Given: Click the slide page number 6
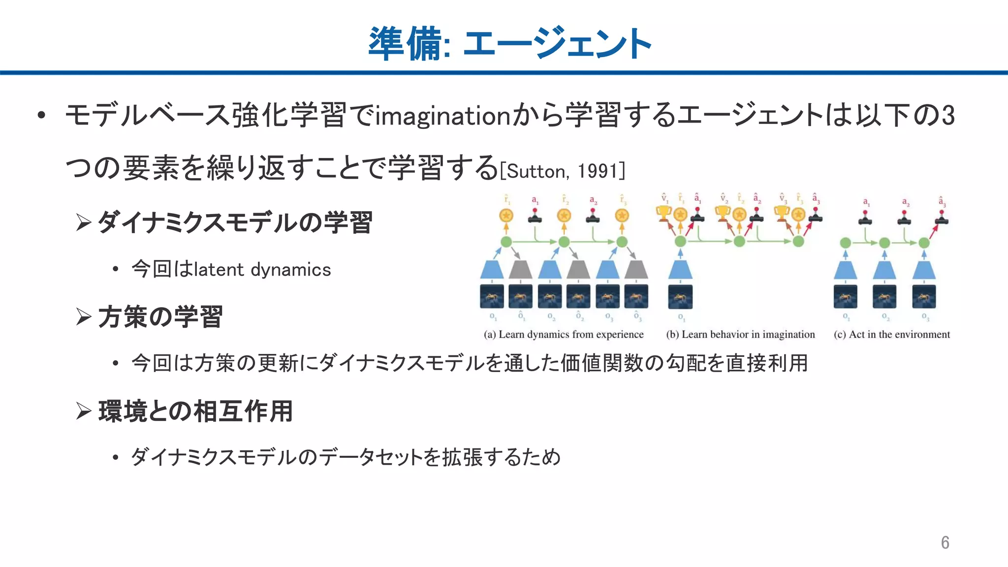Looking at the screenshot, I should pyautogui.click(x=945, y=542).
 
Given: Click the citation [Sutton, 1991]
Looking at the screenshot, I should pyautogui.click(x=563, y=171).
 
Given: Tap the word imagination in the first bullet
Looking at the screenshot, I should pyautogui.click(x=443, y=116).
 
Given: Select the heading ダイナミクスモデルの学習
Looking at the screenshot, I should pyautogui.click(x=235, y=222).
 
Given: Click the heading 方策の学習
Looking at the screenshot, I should pyautogui.click(x=160, y=316).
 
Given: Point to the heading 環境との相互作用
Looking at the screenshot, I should pyautogui.click(x=195, y=411).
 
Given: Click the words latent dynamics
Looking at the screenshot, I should pyautogui.click(x=262, y=270).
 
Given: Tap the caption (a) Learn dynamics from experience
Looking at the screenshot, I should pyautogui.click(x=564, y=335).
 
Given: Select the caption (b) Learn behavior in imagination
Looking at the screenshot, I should pyautogui.click(x=740, y=335).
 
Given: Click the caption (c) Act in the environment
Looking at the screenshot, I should pyautogui.click(x=891, y=335).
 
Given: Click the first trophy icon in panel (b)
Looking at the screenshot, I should pyautogui.click(x=663, y=214).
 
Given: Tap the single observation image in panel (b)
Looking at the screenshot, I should pyautogui.click(x=680, y=297).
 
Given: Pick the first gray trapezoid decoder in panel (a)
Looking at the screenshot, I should pyautogui.click(x=520, y=270).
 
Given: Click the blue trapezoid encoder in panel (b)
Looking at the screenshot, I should pyautogui.click(x=680, y=270).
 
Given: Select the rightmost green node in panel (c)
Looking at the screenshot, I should pyautogui.click(x=924, y=243).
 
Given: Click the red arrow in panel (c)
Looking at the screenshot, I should pyautogui.click(x=934, y=231).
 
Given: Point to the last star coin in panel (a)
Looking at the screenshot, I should pyautogui.click(x=622, y=216).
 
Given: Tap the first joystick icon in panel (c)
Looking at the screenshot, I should pyautogui.click(x=865, y=218).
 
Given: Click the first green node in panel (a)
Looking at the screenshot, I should pyautogui.click(x=506, y=242).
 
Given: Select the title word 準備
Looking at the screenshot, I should pyautogui.click(x=405, y=44).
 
